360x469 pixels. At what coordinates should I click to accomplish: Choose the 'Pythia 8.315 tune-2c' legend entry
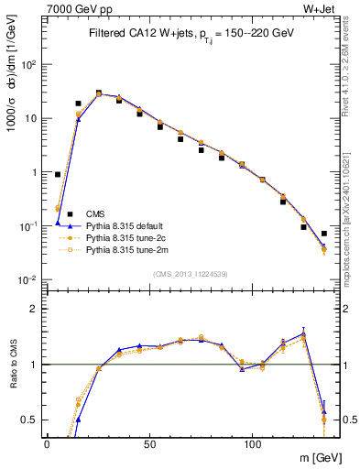click(124, 236)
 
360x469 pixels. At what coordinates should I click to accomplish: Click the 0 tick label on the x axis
click(47, 442)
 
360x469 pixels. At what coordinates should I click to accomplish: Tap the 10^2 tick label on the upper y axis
click(29, 65)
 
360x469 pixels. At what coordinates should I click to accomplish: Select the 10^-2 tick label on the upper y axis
click(29, 279)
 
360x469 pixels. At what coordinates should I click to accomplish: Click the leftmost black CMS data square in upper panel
click(58, 174)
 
